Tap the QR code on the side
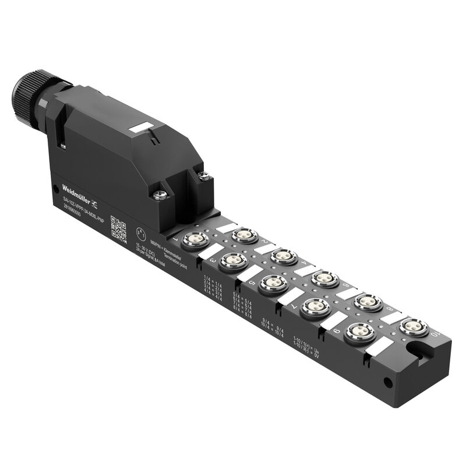(118, 230)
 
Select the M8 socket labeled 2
(244, 235)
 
